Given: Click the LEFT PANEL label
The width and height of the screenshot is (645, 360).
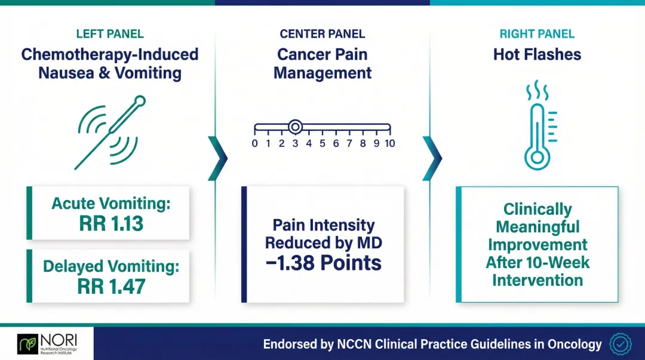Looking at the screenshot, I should pos(110,34).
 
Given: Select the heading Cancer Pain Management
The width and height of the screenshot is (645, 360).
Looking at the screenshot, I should pos(322,64).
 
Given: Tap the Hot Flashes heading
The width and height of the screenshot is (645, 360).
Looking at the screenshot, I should pos(537,55).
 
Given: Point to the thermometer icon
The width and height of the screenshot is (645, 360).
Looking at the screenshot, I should pos(537,137).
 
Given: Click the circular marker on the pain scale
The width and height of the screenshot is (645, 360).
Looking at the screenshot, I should pos(294,127).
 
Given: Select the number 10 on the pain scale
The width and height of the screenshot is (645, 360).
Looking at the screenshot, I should pos(389,143).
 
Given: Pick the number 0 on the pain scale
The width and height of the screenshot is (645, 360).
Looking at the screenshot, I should pos(255,143).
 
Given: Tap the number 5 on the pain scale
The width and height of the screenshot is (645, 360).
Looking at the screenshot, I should pos(322,143).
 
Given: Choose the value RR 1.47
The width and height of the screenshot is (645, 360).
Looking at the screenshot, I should pos(112,287).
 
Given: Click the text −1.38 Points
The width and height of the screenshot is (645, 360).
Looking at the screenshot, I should pos(322,263).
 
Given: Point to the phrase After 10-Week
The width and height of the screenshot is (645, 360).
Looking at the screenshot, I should pos(537,262).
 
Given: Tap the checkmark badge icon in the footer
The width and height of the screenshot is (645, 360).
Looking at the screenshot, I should pos(620,344).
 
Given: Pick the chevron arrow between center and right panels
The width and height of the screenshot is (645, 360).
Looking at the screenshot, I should pos(432,158).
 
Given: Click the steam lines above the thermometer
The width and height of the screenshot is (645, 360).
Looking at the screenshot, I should pos(537,91).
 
